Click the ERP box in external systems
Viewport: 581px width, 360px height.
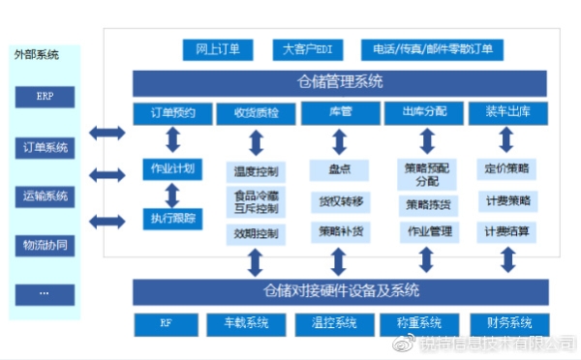(45, 97)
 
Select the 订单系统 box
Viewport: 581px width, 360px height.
(45, 148)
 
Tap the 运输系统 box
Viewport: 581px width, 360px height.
(45, 196)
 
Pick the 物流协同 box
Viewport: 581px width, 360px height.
(45, 245)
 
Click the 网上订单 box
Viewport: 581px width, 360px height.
(218, 48)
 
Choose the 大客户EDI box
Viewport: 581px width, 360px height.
(307, 48)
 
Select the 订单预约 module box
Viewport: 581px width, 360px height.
(172, 113)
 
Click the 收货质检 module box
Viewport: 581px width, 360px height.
(256, 113)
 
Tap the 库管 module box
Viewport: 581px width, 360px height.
(339, 113)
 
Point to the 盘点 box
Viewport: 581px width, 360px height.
(339, 169)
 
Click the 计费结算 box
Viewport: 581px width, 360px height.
(507, 232)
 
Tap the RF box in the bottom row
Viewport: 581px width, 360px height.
(166, 322)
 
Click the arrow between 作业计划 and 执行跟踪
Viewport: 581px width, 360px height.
(172, 194)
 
